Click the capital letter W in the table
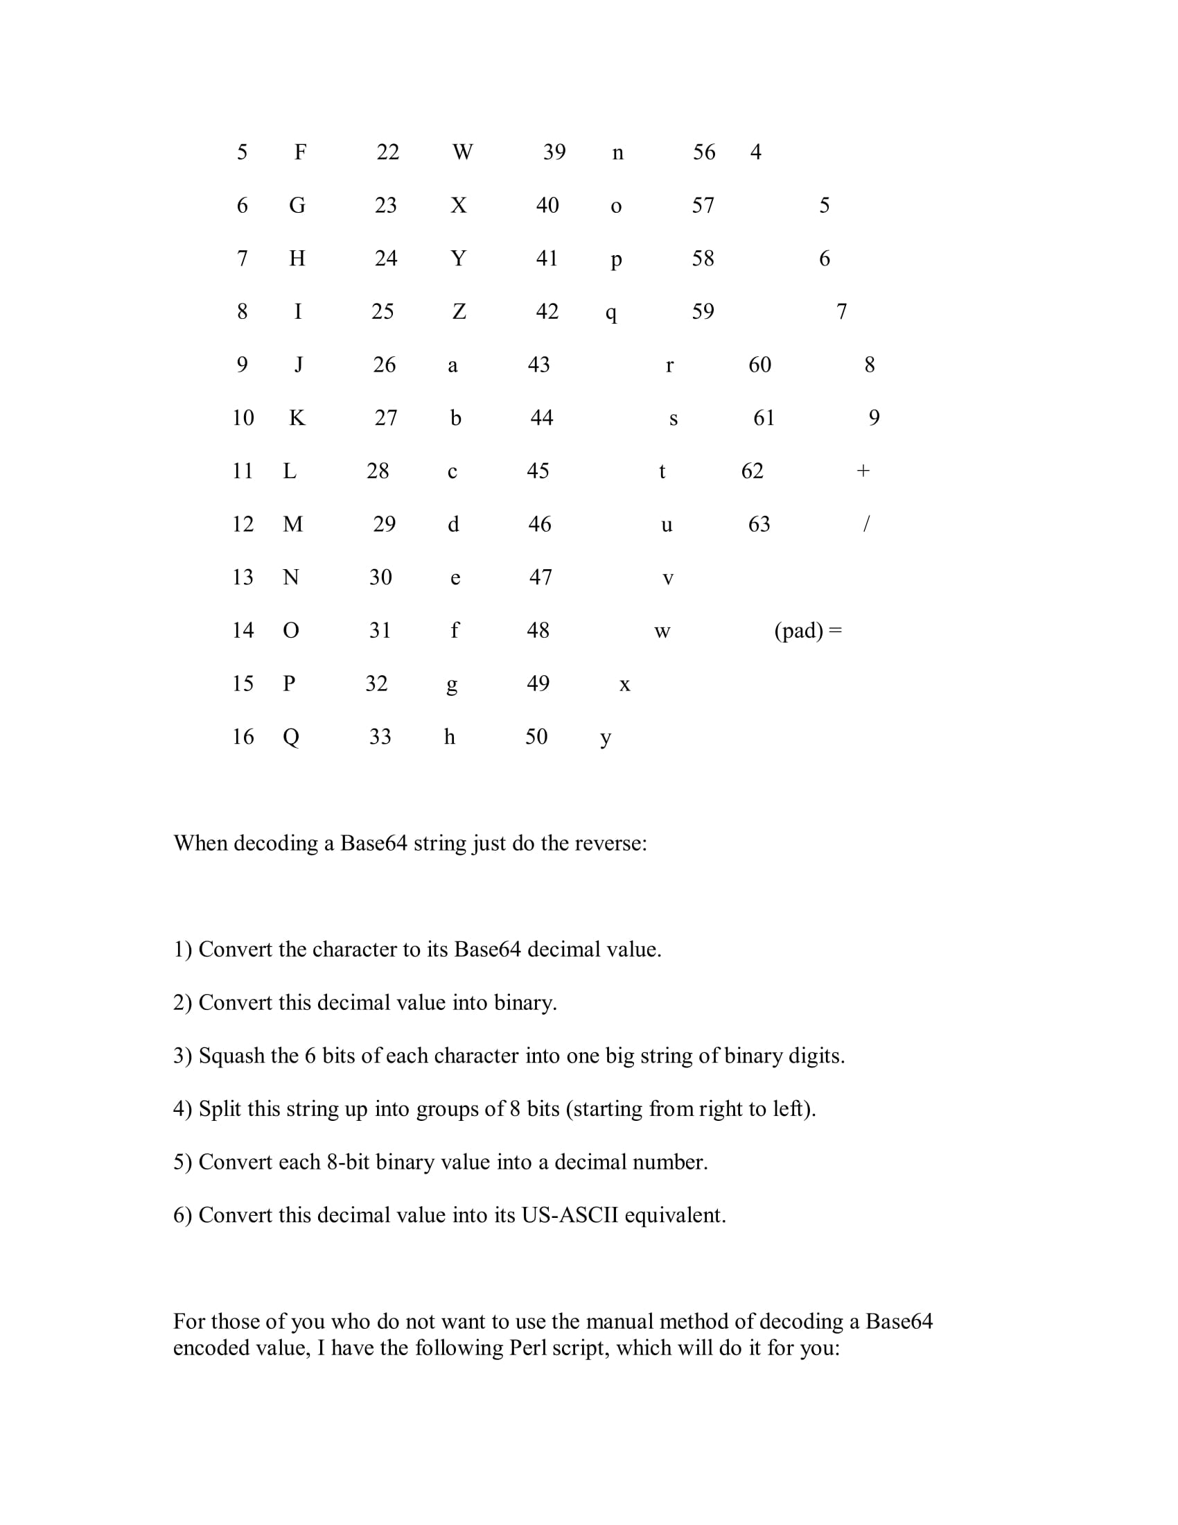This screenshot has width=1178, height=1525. pos(463,152)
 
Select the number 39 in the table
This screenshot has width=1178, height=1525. pos(554,152)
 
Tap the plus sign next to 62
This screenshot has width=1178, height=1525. pos(863,471)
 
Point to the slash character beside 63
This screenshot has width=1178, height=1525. pos(866,523)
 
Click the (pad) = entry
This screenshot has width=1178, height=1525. pos(808,631)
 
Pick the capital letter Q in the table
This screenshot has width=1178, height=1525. pos(291,737)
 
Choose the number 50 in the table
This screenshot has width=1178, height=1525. pos(536,737)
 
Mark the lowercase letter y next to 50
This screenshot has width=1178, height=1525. pos(606,738)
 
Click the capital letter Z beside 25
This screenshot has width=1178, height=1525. pos(459,311)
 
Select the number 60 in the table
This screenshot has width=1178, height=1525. pos(759,365)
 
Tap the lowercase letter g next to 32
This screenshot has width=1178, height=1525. pos(452,685)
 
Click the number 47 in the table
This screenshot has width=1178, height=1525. pos(540,577)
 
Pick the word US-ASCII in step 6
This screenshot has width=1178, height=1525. pos(570,1215)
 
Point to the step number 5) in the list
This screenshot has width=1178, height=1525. pos(182,1162)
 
